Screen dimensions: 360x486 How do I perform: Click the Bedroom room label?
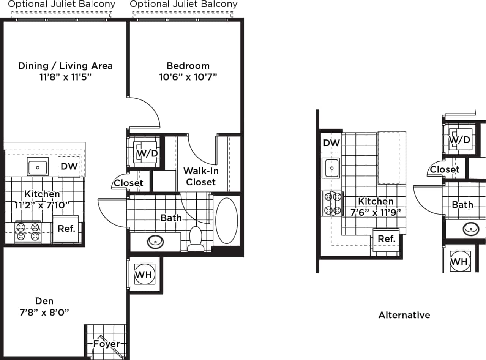188,66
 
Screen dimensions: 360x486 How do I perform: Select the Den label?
44,301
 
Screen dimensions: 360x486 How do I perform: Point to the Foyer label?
107,344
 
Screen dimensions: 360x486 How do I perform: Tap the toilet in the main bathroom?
196,239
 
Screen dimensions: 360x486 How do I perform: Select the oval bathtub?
226,221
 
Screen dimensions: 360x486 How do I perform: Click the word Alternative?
404,315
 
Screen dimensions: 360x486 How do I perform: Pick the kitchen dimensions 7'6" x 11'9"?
376,212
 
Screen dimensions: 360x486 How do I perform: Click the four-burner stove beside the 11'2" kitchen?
28,232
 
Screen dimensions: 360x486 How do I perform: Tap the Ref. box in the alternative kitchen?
387,239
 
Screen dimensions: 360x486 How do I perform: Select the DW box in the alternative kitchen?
331,143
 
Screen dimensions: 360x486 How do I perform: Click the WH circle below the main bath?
144,275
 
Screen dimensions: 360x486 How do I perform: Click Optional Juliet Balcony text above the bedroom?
183,5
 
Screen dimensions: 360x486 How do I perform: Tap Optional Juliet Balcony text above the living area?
62,5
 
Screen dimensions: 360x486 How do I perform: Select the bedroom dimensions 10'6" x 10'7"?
188,77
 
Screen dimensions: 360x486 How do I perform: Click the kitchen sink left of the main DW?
37,167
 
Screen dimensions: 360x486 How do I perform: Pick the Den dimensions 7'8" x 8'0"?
44,313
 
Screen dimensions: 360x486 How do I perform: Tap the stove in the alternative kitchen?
332,203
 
